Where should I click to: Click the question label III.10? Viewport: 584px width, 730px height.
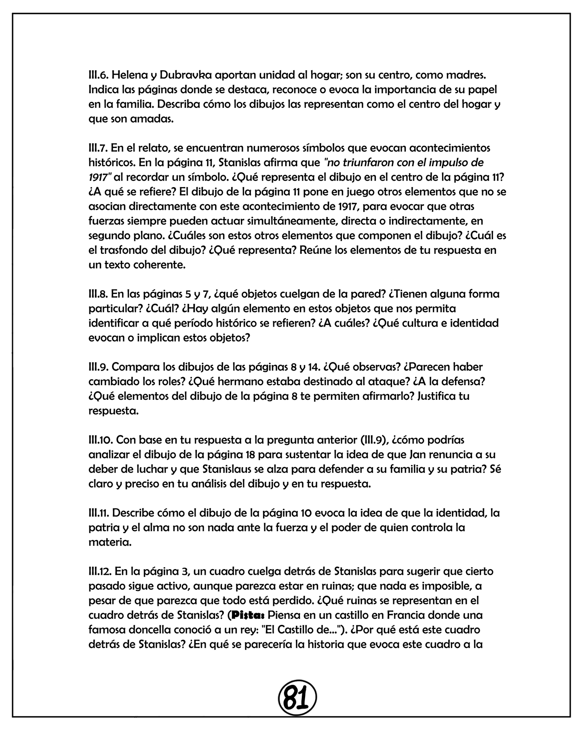click(x=101, y=440)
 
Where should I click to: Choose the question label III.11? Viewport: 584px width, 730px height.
click(x=99, y=513)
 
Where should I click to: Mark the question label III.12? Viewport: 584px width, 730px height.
click(x=100, y=571)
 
